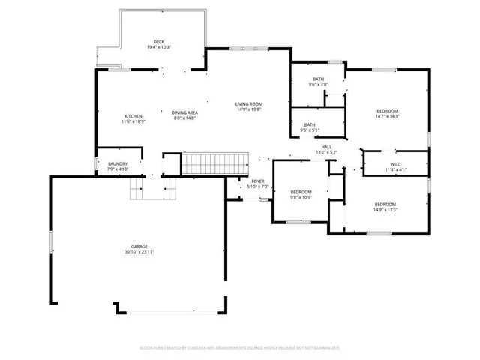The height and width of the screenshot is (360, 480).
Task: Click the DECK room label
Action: click(x=158, y=41)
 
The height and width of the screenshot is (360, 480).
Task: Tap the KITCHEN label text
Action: click(x=133, y=116)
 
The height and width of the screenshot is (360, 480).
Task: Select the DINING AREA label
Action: click(x=184, y=112)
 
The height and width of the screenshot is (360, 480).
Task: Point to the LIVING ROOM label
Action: click(x=248, y=103)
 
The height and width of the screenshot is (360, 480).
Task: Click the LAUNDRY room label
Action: click(x=118, y=163)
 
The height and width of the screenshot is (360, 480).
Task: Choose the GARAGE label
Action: click(x=139, y=246)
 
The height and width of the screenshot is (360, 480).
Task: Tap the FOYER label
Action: click(x=258, y=181)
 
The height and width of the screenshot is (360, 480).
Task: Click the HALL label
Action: click(x=326, y=147)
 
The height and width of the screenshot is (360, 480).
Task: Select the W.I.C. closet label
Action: click(x=396, y=164)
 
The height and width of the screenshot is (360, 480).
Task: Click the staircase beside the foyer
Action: click(x=217, y=163)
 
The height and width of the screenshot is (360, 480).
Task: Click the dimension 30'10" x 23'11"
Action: click(x=139, y=252)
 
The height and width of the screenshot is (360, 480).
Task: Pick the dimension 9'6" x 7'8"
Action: click(x=319, y=85)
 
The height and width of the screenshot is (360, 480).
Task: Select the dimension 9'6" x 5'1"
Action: click(x=310, y=130)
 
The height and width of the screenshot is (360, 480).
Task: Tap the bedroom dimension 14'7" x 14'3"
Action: click(x=387, y=116)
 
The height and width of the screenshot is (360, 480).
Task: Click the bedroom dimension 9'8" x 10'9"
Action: click(x=301, y=198)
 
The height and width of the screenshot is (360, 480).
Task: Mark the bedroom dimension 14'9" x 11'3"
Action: click(x=385, y=210)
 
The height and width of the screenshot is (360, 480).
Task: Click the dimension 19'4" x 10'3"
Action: click(x=158, y=47)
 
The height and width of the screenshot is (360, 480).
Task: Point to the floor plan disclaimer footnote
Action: click(x=240, y=348)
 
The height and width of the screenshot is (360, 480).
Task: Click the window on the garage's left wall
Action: click(x=51, y=242)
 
